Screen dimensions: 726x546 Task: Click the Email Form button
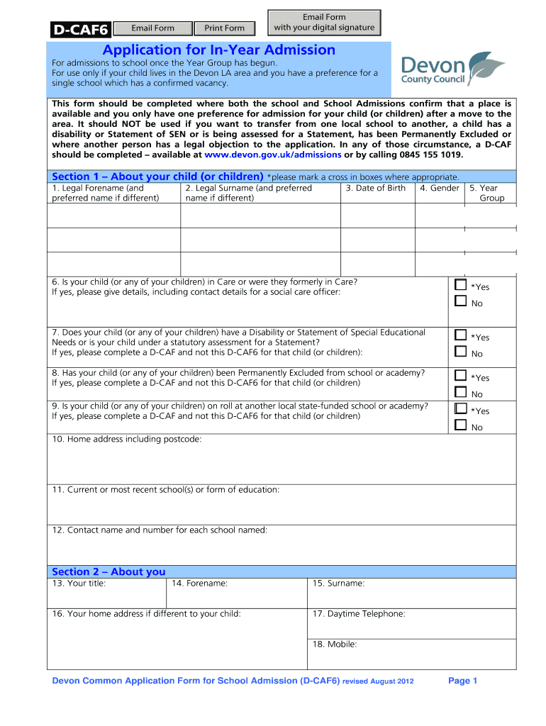click(x=152, y=28)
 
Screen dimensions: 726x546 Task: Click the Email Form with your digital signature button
click(x=324, y=22)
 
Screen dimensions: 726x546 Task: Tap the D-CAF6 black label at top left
click(x=79, y=29)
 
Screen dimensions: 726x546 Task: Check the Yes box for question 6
click(x=461, y=285)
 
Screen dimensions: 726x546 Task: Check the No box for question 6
click(x=461, y=302)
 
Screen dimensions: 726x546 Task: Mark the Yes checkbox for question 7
click(x=461, y=335)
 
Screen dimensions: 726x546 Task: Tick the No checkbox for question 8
click(x=461, y=393)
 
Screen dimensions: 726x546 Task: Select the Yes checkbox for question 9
click(x=461, y=409)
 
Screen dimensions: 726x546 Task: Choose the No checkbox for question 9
click(x=461, y=425)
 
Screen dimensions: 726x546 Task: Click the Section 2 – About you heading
click(x=108, y=571)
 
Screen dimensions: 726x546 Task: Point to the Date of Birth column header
click(x=376, y=188)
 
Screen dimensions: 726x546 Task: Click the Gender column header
click(x=439, y=188)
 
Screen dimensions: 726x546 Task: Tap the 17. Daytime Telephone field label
click(x=359, y=614)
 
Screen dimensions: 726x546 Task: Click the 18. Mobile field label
click(x=335, y=644)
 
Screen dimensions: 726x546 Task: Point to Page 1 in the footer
click(x=463, y=681)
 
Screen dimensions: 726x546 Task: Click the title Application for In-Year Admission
click(x=218, y=50)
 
